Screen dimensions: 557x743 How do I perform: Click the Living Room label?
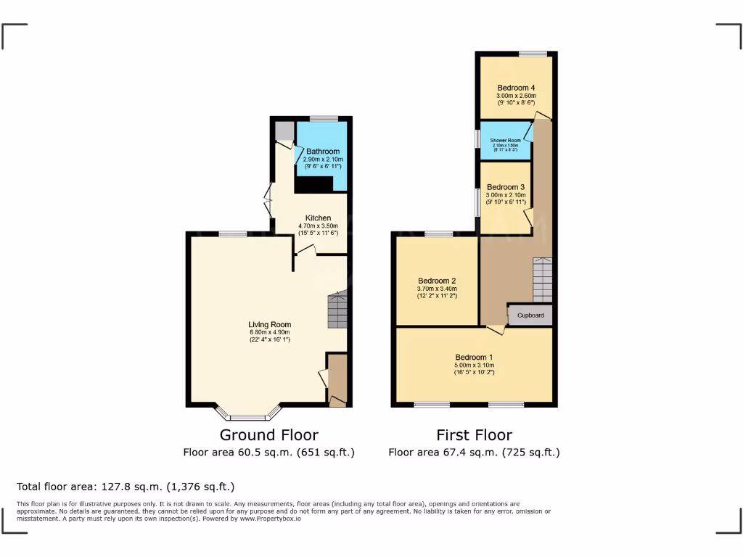tap(269, 324)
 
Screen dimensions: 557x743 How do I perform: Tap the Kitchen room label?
tap(318, 218)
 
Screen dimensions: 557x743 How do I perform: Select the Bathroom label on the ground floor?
tap(323, 152)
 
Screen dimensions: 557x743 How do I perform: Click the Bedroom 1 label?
tap(474, 357)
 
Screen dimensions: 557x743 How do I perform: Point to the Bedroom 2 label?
tap(437, 281)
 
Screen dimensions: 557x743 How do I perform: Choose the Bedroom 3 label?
tap(506, 186)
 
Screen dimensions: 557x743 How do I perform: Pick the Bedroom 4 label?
tap(516, 88)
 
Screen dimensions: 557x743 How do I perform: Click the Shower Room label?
tap(505, 140)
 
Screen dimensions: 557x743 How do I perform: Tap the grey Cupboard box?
tap(530, 315)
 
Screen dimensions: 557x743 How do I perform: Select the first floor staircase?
tap(542, 280)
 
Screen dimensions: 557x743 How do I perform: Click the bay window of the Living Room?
tap(248, 416)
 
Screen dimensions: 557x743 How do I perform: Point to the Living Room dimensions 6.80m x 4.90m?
tap(269, 332)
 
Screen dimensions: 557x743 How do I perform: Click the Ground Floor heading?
tap(268, 435)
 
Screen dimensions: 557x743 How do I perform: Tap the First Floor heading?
tap(474, 435)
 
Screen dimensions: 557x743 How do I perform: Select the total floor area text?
tap(125, 487)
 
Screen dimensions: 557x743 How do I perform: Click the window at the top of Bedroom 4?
tap(533, 54)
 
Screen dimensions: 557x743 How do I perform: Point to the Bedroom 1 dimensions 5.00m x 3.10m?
tap(474, 365)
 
